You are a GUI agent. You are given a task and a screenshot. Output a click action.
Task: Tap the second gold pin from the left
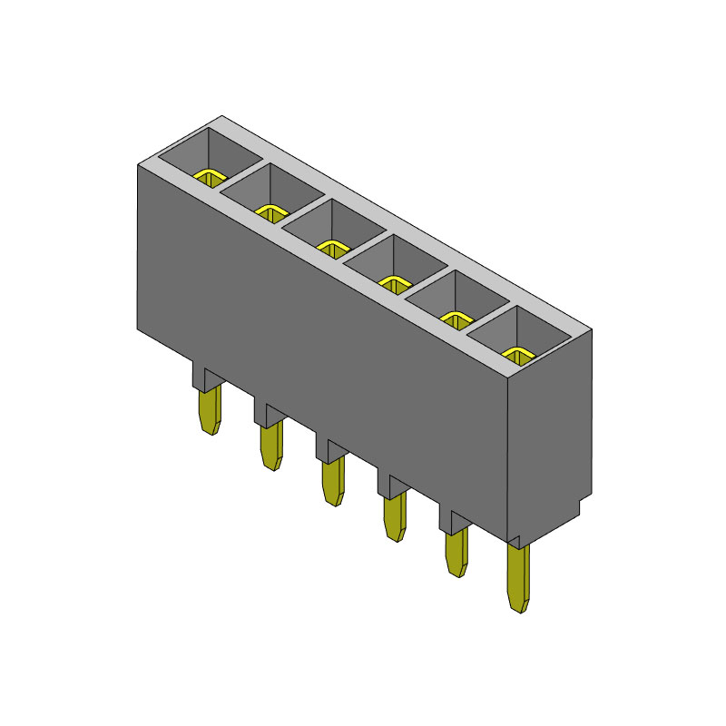270,446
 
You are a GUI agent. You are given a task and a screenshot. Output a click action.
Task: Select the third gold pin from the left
332,481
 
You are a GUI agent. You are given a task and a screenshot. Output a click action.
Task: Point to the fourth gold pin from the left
395,517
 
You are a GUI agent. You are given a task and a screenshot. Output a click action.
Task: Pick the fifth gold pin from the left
456,553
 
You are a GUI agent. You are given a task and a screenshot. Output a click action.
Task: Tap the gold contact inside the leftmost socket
210,176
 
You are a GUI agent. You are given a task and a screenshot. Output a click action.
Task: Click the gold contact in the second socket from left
270,212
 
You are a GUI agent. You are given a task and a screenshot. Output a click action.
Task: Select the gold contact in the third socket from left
332,247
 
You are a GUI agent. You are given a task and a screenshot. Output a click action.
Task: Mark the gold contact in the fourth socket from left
394,283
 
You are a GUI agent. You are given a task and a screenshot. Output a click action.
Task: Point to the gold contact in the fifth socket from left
455,318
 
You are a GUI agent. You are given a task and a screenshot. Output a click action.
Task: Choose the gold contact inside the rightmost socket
516,354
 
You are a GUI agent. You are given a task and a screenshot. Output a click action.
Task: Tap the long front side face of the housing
318,345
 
